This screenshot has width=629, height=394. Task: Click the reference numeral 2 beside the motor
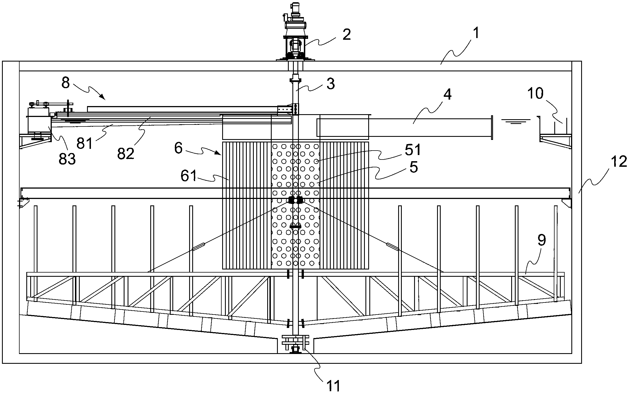tap(346, 35)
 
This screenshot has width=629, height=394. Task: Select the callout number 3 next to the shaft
tap(330, 83)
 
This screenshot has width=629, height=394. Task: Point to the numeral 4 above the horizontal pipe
tap(447, 95)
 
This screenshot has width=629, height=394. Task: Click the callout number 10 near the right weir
tap(535, 93)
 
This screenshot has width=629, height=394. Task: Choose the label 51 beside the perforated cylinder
tap(413, 150)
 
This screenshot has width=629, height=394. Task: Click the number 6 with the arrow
tap(178, 148)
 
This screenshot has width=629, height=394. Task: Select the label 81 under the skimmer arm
tap(85, 144)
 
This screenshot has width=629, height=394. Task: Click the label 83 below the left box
tap(67, 159)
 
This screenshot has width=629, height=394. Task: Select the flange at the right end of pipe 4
tap(492, 127)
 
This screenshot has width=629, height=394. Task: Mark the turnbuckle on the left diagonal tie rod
tap(199, 247)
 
